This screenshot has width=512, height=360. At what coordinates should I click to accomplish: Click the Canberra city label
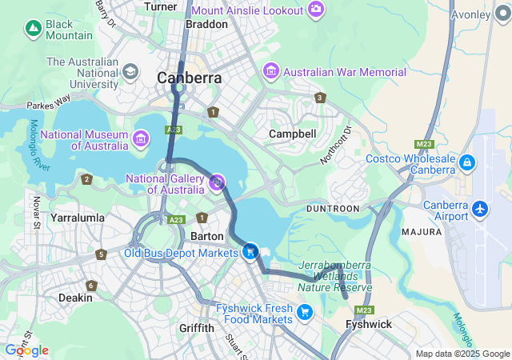coord(190,78)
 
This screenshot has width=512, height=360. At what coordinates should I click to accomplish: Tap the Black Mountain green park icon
coord(33,30)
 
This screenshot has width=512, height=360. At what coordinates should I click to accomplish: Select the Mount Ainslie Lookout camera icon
coord(317,10)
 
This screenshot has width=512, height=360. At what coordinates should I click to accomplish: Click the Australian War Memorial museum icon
coord(270,73)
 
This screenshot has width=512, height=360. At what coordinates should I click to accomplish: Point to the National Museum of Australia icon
coord(141,140)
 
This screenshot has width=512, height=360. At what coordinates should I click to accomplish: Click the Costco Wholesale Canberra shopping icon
coord(467,164)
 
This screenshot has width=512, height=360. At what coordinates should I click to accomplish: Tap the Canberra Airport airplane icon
coord(480,209)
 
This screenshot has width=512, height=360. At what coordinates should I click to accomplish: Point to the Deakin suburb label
coord(75,298)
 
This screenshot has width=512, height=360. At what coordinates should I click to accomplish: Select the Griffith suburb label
coord(197,328)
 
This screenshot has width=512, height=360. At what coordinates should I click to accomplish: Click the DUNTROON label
coord(333,208)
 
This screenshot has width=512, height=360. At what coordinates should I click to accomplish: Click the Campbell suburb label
coord(292,134)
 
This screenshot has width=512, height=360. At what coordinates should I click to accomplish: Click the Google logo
coord(26,350)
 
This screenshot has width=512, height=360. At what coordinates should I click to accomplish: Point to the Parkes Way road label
coord(48,105)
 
